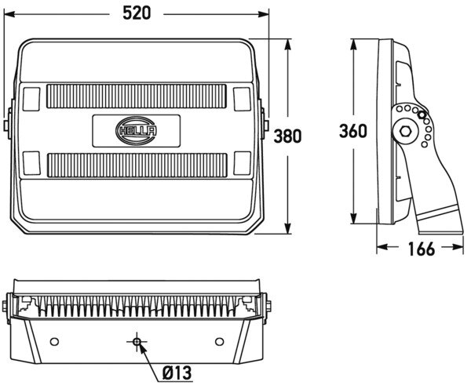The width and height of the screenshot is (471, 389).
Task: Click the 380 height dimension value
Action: [x=287, y=136]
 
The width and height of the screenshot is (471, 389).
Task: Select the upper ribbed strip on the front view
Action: [x=137, y=97]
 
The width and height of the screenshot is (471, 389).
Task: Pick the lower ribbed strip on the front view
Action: [x=137, y=165]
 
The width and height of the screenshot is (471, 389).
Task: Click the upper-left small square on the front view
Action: [x=31, y=98]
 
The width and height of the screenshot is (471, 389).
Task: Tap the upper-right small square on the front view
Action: [x=240, y=98]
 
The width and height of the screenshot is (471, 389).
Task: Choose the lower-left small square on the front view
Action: [x=31, y=164]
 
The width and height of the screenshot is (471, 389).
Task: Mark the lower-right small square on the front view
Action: [x=240, y=164]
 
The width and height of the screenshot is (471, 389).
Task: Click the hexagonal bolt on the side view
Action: [x=405, y=132]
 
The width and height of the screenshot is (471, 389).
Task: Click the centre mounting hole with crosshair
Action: [x=137, y=343]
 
